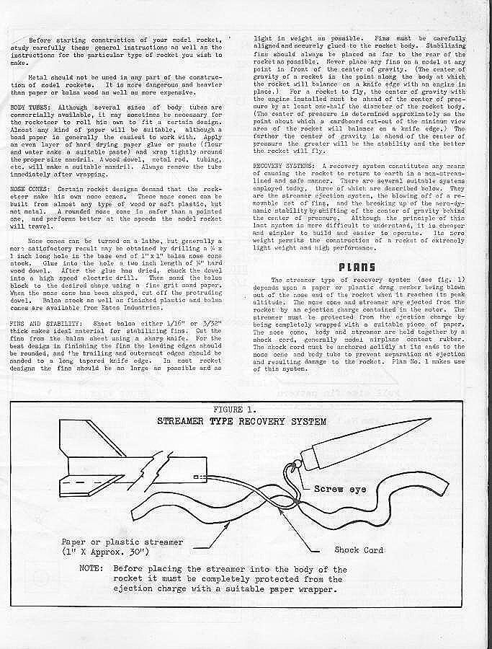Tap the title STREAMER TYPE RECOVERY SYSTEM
click(242, 420)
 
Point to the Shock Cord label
click(358, 550)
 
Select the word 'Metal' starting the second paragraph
click(37, 76)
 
